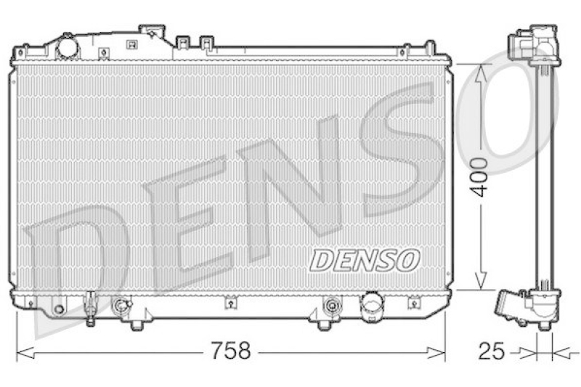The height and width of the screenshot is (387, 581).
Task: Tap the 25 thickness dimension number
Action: pyautogui.click(x=491, y=353)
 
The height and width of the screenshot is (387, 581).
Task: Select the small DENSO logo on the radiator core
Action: pyautogui.click(x=365, y=259)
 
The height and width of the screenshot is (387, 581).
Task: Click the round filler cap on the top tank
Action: pyautogui.click(x=68, y=47)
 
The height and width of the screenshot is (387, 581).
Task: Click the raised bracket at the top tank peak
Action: pyautogui.click(x=153, y=32)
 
